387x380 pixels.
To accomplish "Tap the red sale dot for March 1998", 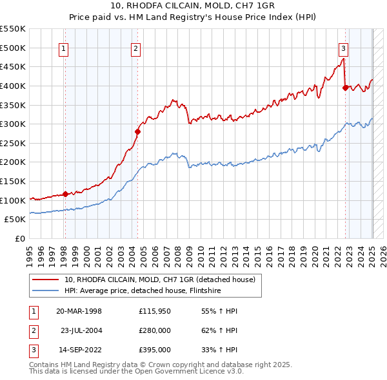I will [65, 195].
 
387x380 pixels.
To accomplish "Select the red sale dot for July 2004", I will [137, 132].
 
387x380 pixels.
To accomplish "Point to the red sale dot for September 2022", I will [345, 88].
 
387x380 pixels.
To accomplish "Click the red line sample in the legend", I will [46, 280].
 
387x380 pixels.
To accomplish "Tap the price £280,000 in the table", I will [155, 330].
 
